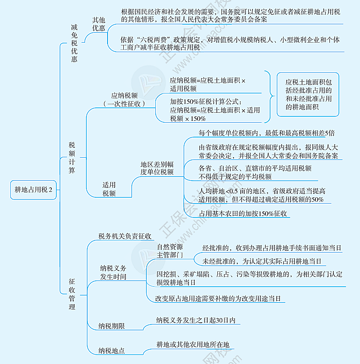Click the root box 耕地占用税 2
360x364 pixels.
(x=33, y=190)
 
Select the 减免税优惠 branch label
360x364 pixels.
(x=74, y=43)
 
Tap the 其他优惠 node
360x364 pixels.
(x=99, y=24)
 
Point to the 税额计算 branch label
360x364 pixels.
(x=72, y=158)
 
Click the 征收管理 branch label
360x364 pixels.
(x=72, y=294)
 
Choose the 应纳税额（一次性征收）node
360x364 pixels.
(x=124, y=100)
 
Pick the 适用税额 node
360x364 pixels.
(x=109, y=189)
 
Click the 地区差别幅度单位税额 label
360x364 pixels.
(x=157, y=168)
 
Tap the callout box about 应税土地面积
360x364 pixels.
(x=308, y=94)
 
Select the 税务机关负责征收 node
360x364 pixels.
(x=125, y=236)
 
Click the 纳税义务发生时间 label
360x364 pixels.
(x=113, y=272)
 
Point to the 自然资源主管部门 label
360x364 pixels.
(x=170, y=251)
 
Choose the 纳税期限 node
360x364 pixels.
(x=112, y=326)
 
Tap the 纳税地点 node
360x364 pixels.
(x=112, y=351)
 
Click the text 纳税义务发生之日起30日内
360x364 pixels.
(x=196, y=320)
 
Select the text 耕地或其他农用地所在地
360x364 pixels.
(x=193, y=345)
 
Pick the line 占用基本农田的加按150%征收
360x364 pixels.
(x=243, y=213)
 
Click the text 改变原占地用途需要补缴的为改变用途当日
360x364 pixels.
(x=218, y=298)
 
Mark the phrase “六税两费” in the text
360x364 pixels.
(x=153, y=40)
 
